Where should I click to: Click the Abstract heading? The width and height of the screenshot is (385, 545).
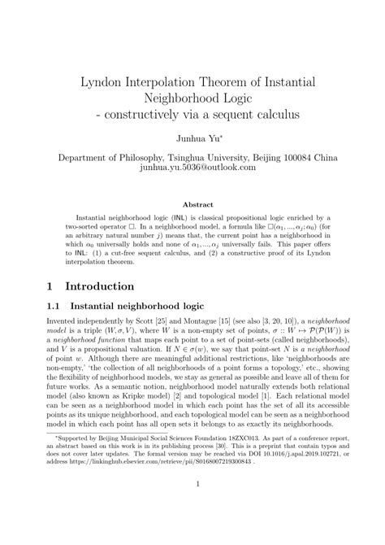(x=192, y=205)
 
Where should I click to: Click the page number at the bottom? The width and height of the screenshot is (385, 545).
(x=192, y=510)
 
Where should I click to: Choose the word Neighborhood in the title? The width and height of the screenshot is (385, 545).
(x=192, y=98)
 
